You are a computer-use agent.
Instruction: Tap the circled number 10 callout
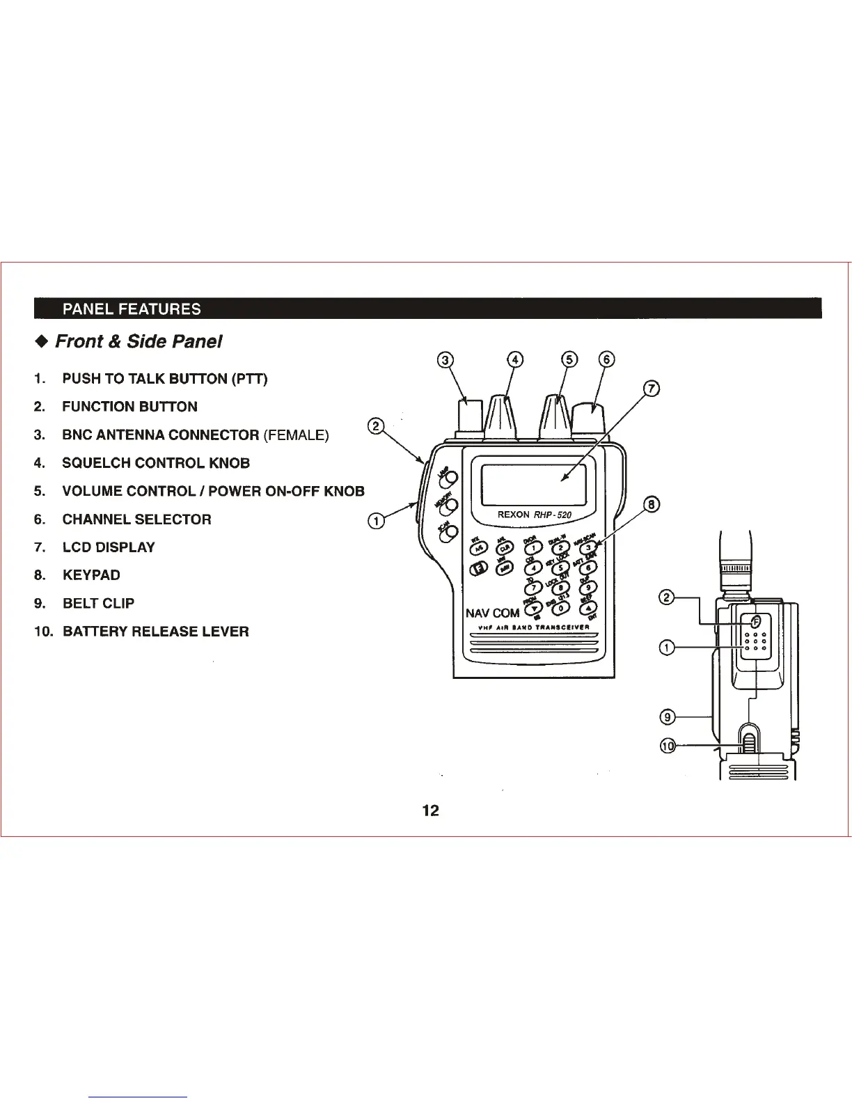coord(668,746)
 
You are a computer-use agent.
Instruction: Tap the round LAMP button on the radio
coord(452,478)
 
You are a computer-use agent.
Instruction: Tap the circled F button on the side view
coord(755,620)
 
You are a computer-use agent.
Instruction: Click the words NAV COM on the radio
coord(492,613)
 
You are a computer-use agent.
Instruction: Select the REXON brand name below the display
coord(514,515)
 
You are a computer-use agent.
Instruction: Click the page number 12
coord(431,811)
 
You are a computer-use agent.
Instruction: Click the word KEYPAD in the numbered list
coord(91,575)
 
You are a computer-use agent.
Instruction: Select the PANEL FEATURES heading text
coord(132,309)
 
